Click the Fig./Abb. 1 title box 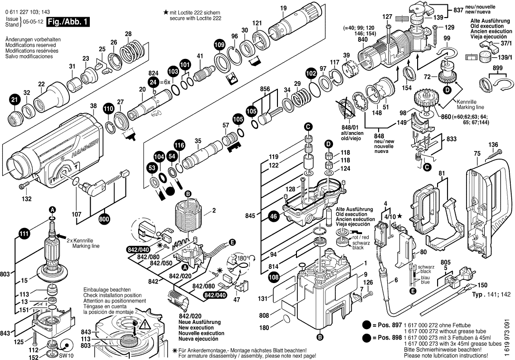64,22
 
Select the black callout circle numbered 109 219,45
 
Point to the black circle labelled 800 105,219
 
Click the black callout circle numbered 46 273,217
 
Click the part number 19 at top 284,8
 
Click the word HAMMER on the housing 86,141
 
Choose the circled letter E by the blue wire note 413,291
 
